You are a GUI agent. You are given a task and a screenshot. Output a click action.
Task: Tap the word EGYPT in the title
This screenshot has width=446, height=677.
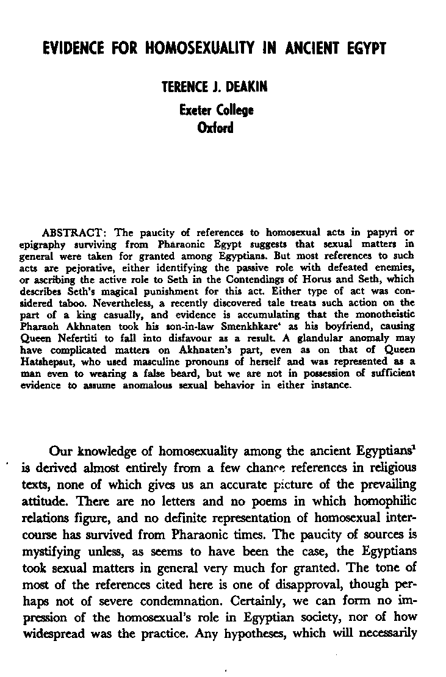tap(364, 48)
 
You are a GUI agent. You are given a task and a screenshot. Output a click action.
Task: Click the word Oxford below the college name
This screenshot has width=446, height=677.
tap(216, 128)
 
